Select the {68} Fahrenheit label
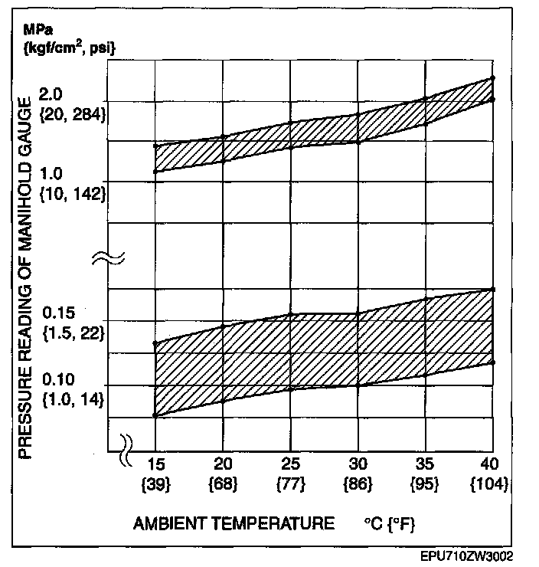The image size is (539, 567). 223,483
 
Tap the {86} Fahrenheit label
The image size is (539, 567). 358,483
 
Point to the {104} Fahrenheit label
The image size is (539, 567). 491,483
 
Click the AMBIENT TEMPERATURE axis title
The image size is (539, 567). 234,524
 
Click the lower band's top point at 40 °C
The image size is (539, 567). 492,289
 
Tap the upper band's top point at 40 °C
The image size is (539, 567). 492,77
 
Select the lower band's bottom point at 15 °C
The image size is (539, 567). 155,415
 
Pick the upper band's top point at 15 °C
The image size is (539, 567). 155,146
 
